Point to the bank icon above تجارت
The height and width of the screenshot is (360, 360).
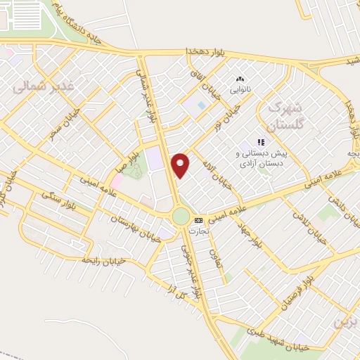point(198,219)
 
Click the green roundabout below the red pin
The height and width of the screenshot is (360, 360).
point(181,216)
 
